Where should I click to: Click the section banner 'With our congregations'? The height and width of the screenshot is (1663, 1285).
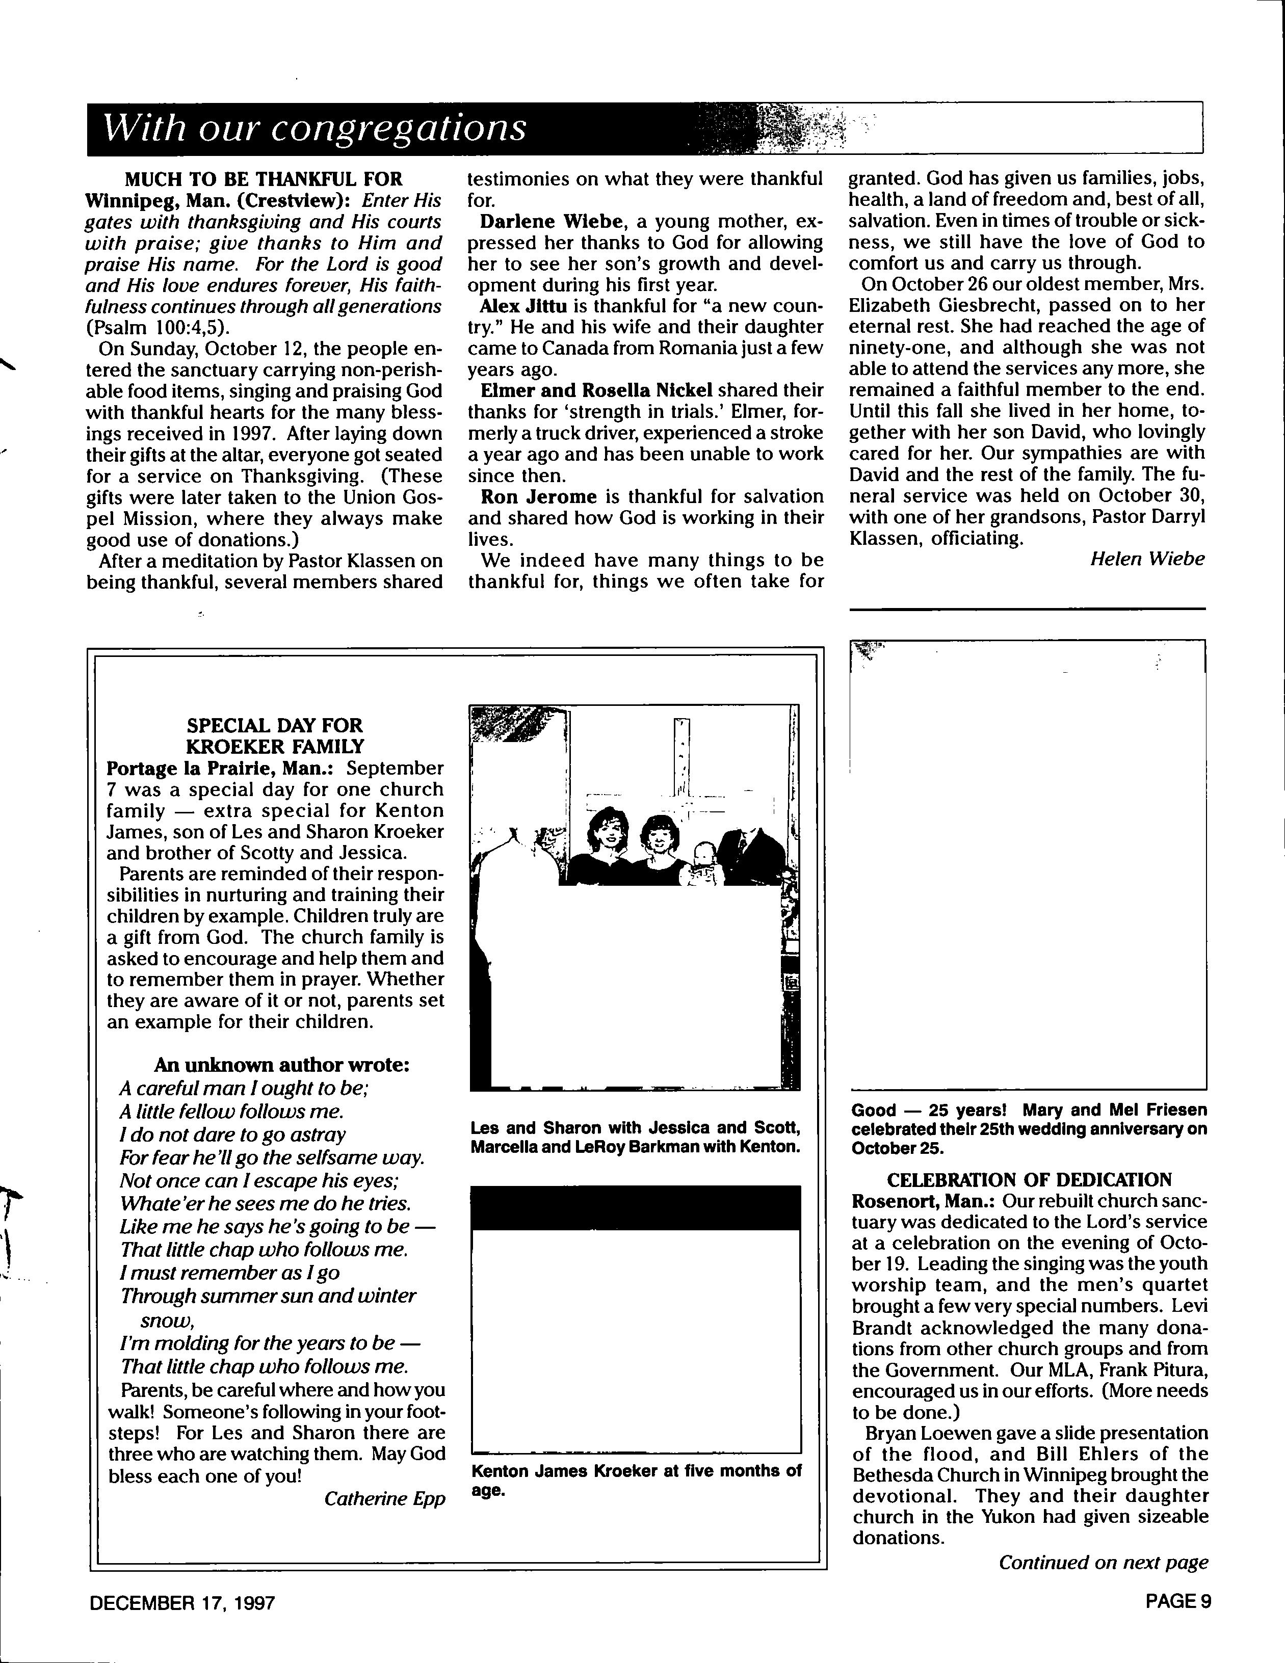point(314,128)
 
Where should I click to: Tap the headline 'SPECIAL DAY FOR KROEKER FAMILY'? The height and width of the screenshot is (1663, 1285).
point(275,735)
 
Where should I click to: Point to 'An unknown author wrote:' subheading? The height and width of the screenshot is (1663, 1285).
point(282,1065)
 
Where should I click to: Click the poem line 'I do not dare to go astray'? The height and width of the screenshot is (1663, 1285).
point(232,1134)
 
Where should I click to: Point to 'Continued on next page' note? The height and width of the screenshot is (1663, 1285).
point(1103,1563)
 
